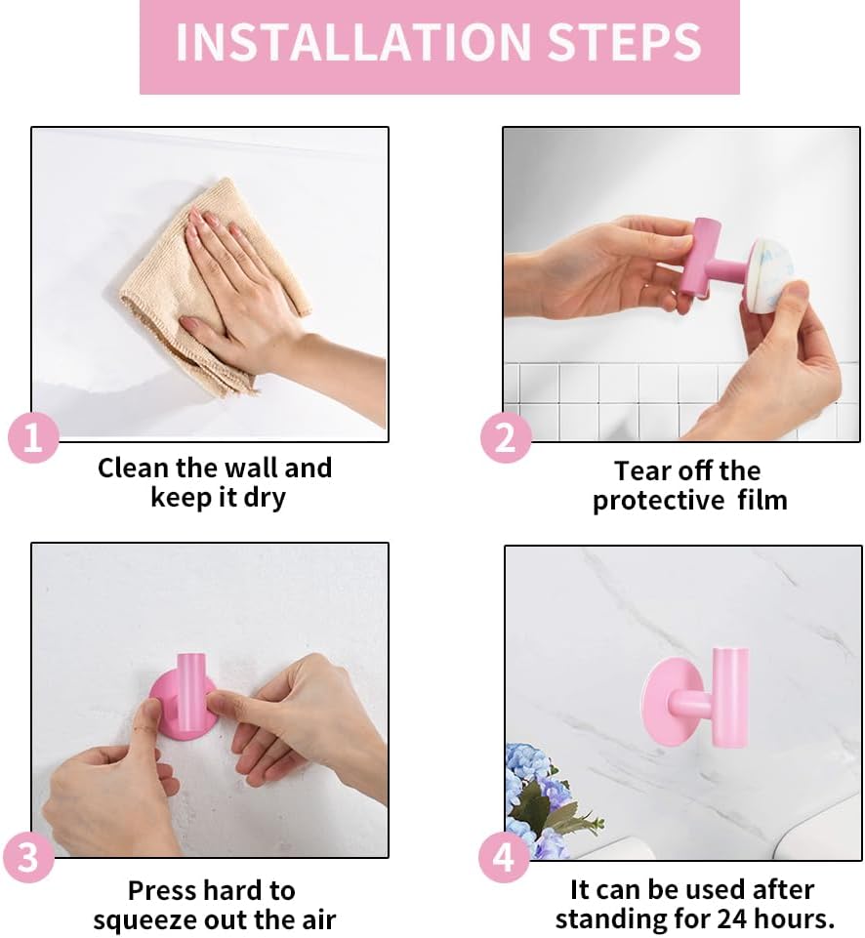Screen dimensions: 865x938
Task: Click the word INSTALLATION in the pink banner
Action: [x=353, y=42]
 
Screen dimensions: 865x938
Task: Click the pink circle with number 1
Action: [x=33, y=437]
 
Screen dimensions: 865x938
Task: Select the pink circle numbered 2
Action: [x=506, y=437]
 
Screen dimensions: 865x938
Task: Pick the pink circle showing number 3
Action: [x=28, y=857]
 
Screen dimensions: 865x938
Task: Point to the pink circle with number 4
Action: [x=504, y=857]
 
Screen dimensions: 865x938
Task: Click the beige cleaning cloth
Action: [x=209, y=287]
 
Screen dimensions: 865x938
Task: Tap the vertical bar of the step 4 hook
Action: [x=730, y=698]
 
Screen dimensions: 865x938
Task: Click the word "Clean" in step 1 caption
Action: [x=133, y=468]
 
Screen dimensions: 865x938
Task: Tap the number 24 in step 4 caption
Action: [x=734, y=918]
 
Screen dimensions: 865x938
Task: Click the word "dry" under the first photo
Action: [x=265, y=499]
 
